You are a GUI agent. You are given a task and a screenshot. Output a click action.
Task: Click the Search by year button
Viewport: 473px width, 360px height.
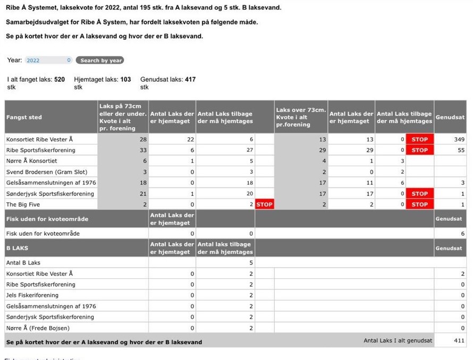point(100,61)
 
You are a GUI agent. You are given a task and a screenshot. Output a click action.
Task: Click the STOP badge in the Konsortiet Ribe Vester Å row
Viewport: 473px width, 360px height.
point(419,140)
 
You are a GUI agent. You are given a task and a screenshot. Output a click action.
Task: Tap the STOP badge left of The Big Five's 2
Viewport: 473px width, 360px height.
point(264,204)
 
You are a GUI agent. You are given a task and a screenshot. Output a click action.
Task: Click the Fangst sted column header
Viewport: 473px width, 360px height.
point(24,117)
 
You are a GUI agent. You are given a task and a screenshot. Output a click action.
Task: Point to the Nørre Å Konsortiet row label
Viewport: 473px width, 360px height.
point(31,161)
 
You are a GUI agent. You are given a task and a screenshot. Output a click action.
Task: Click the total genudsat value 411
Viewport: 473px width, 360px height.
point(459,341)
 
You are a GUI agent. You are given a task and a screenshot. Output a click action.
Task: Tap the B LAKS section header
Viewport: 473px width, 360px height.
point(18,248)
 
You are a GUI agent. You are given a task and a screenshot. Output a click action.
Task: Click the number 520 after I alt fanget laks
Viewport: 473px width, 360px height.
point(60,80)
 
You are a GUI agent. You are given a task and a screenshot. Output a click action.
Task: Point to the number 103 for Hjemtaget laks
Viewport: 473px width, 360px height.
point(125,80)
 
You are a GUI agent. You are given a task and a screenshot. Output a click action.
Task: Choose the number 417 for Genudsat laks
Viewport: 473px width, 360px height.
point(190,80)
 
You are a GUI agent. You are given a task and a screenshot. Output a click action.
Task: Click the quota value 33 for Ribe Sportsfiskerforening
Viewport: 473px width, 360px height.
point(143,150)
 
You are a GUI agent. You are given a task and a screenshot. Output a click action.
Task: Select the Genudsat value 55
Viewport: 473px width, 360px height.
point(461,150)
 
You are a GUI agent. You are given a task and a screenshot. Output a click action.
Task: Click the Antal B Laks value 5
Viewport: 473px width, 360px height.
point(251,263)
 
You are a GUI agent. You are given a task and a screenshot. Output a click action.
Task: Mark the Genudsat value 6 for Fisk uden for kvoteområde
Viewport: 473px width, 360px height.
point(462,234)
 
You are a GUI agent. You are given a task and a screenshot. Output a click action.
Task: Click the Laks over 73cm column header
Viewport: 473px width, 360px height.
point(300,117)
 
